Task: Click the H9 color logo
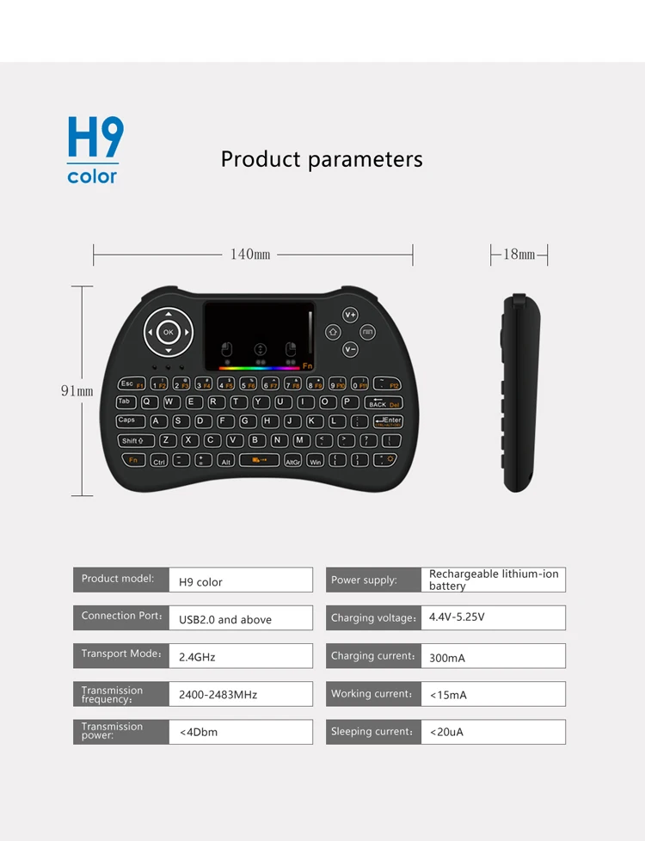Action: point(95,150)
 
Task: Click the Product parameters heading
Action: point(322,160)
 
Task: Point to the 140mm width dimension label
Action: point(250,255)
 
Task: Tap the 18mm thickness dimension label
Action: point(519,255)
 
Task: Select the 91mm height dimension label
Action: point(77,391)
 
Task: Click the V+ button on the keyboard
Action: point(350,315)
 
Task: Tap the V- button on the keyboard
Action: point(350,349)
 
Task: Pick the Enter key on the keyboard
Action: point(387,420)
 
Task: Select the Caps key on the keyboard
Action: point(130,420)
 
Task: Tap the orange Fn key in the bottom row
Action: point(132,460)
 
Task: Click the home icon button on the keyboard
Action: point(333,332)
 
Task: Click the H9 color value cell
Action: point(241,581)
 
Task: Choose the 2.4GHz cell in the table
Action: point(241,657)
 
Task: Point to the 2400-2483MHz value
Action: point(241,694)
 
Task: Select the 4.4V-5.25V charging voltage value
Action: point(493,617)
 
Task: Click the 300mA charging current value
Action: point(493,657)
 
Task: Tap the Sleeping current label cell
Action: point(373,732)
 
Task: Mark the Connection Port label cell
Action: point(121,617)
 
